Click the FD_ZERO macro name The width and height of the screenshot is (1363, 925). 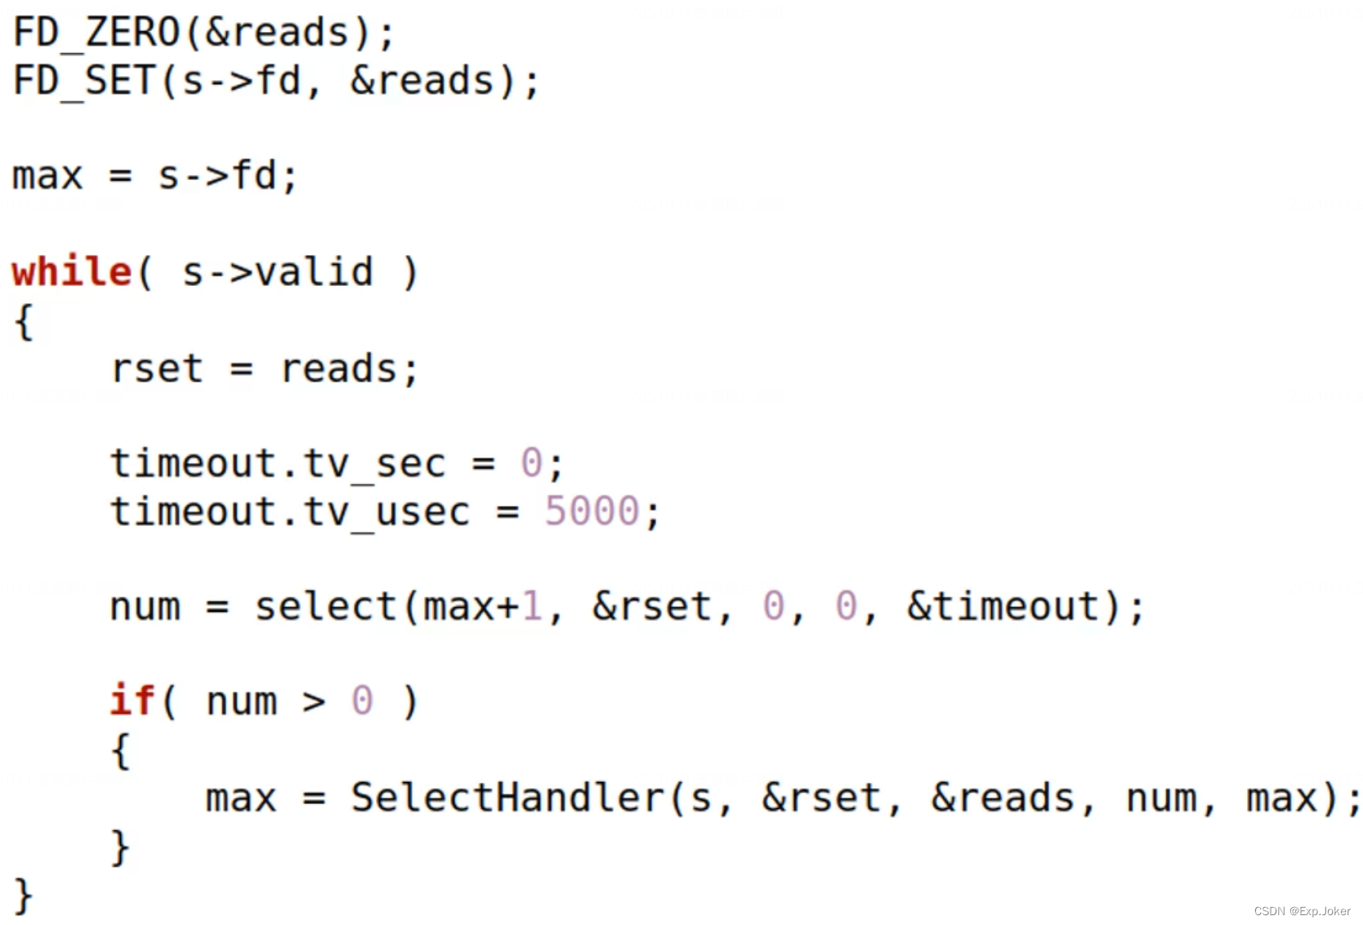[x=96, y=34]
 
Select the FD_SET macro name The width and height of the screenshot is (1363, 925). [x=84, y=82]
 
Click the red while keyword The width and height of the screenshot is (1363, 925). [x=71, y=272]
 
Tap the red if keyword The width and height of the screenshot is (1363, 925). [x=132, y=701]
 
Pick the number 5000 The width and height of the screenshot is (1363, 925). [x=592, y=512]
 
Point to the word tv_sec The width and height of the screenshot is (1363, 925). [x=375, y=464]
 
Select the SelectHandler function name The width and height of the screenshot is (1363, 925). [x=507, y=798]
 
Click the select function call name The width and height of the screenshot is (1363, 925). [x=325, y=607]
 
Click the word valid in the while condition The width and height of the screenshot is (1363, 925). [x=314, y=272]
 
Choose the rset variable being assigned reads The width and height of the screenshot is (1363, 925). [x=157, y=369]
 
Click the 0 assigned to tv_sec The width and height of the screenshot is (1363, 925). [x=531, y=464]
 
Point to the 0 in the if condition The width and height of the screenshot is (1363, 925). [x=362, y=701]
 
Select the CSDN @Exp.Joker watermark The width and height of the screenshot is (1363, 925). [x=1302, y=911]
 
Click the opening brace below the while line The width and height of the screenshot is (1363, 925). [x=24, y=321]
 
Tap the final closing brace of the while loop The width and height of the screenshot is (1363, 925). [x=24, y=895]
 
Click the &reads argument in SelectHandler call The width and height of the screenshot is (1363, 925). [x=1003, y=798]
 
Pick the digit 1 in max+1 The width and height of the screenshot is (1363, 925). [x=532, y=607]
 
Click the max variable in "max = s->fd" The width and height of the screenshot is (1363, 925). [x=47, y=177]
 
